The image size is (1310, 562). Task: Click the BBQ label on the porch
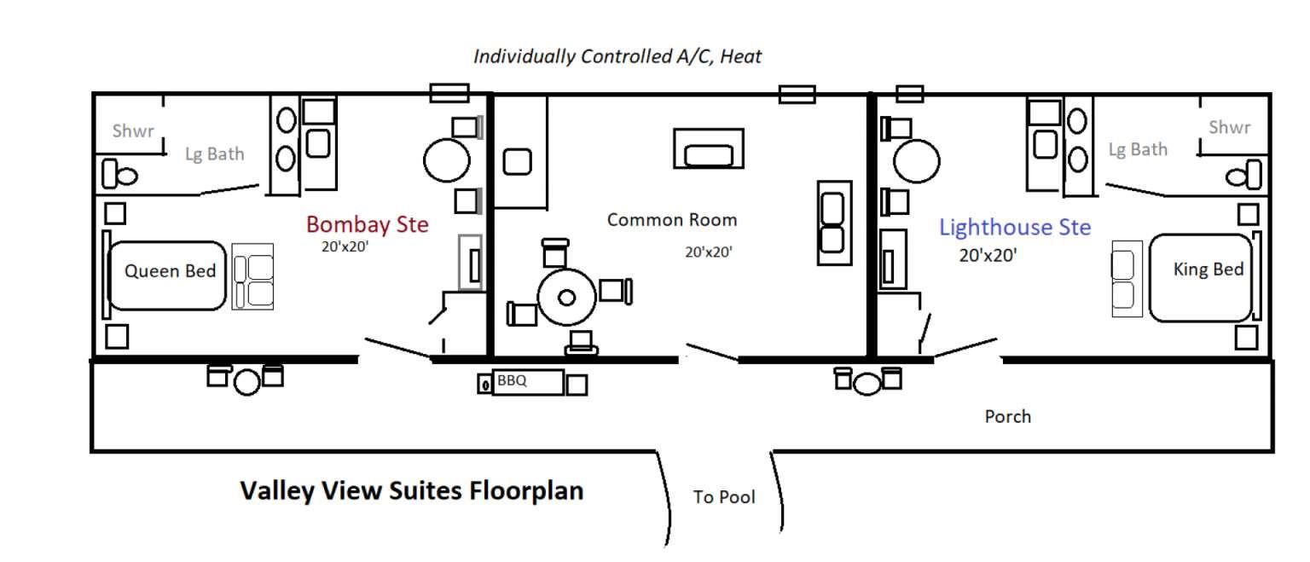click(x=512, y=380)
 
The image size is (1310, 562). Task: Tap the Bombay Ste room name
click(x=368, y=224)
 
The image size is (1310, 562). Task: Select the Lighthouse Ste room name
click(x=1015, y=228)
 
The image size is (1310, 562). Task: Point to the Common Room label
click(x=672, y=220)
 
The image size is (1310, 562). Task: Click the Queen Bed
click(x=166, y=275)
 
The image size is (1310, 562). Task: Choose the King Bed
click(x=1200, y=278)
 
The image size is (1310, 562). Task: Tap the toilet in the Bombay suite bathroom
click(x=119, y=174)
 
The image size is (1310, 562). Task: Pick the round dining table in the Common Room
click(x=566, y=297)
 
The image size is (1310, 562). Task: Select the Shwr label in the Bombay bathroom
click(x=133, y=130)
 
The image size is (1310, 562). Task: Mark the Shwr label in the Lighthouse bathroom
click(x=1229, y=127)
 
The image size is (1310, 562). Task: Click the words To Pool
click(x=724, y=497)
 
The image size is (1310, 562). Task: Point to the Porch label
click(x=1007, y=416)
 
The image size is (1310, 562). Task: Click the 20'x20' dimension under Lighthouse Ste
click(x=988, y=256)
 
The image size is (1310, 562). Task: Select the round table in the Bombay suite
click(x=447, y=160)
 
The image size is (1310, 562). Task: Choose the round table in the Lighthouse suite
click(x=917, y=161)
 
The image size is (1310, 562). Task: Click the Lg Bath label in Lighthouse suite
click(x=1138, y=150)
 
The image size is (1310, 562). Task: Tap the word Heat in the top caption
click(x=740, y=56)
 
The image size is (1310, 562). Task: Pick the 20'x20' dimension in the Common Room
click(x=709, y=252)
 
